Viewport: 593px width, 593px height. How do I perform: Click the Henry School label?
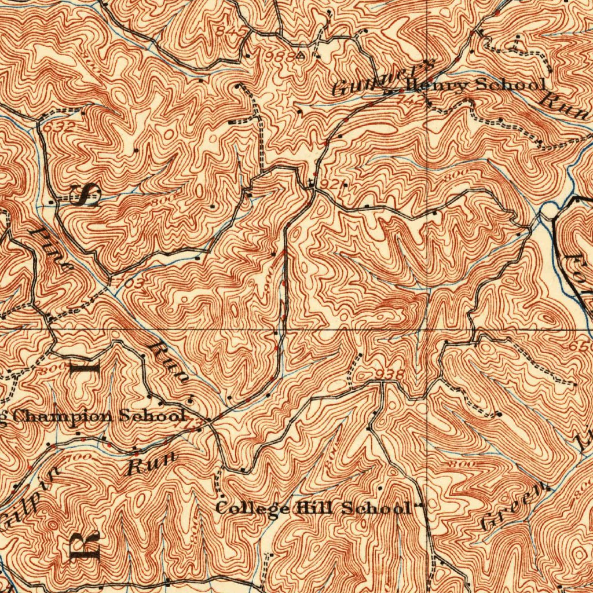coord(475,86)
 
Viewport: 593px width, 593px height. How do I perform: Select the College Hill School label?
coord(313,508)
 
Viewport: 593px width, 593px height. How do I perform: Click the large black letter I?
coord(91,366)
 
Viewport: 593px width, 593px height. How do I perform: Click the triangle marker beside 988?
coord(300,56)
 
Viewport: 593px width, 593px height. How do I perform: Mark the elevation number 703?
coord(131,283)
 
